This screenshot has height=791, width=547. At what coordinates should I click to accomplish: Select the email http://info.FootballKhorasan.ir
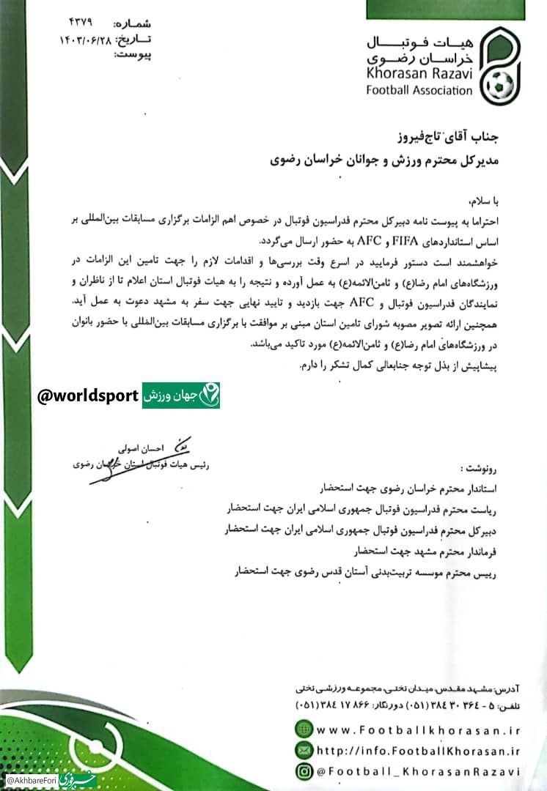418,749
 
